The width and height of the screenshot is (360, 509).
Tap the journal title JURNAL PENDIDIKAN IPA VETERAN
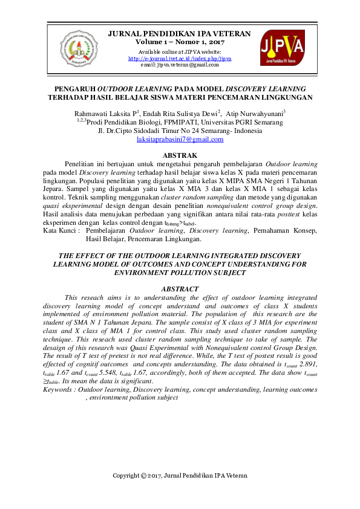coord(179,34)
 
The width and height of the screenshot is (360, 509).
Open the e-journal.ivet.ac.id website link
coord(180,59)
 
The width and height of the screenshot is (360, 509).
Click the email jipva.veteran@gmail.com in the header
coord(180,65)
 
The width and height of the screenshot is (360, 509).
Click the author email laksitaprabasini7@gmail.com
coord(180,139)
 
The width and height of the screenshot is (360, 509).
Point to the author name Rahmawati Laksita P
coord(106,112)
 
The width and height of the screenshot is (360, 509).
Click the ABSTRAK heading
coord(180,155)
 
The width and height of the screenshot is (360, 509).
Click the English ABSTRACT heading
coord(180,289)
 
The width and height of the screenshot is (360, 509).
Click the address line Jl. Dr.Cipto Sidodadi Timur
coord(180,130)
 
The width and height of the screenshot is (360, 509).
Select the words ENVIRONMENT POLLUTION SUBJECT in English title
coord(180,273)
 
